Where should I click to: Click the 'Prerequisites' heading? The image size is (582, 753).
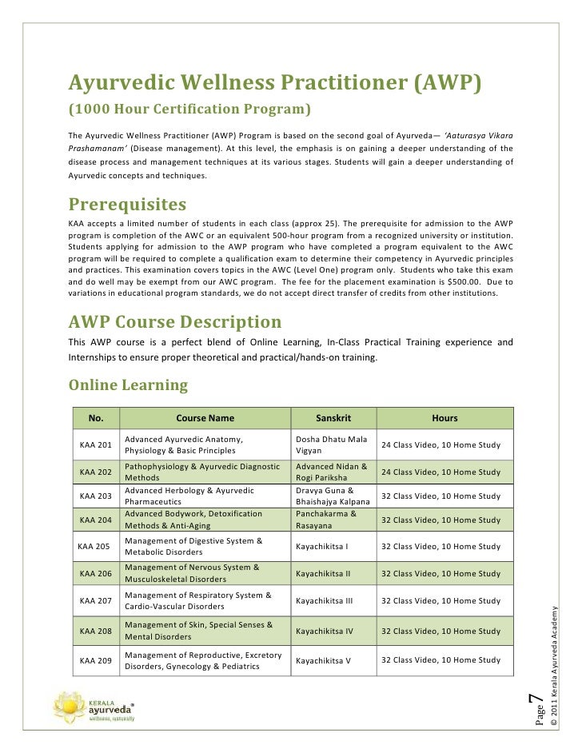click(x=127, y=204)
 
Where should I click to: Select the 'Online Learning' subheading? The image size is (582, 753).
click(x=128, y=385)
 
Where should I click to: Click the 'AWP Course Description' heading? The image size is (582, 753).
click(x=175, y=322)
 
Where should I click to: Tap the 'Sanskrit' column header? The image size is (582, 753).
click(x=333, y=418)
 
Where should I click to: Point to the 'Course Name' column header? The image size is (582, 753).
click(x=205, y=418)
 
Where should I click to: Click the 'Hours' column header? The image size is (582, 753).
click(x=444, y=418)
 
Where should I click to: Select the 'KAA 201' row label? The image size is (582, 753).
click(x=96, y=444)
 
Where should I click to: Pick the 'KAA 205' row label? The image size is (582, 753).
click(x=94, y=547)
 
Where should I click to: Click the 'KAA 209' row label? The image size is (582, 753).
click(x=96, y=660)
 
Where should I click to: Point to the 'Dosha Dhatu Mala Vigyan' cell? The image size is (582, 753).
click(x=331, y=444)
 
